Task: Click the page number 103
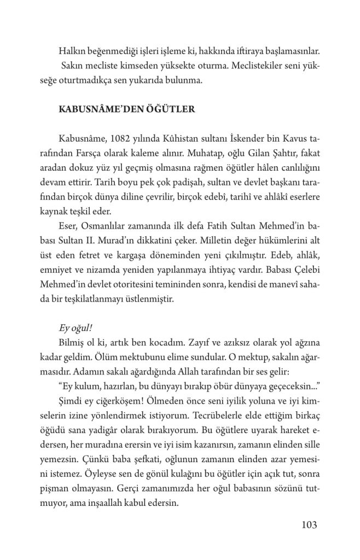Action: pos(309,525)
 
